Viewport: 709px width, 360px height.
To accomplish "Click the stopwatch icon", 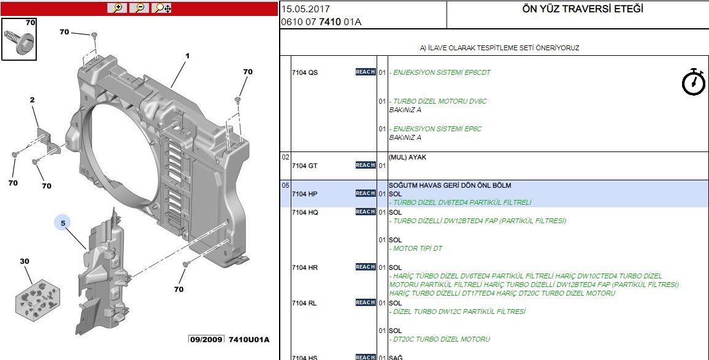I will coord(694,82).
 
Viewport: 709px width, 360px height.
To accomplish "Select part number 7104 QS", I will coord(304,72).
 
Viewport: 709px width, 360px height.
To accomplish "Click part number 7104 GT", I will coord(304,166).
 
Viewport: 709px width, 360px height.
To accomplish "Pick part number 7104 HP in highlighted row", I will coord(304,194).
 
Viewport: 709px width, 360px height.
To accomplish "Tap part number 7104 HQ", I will coord(304,212).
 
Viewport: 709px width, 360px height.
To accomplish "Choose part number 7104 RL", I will coord(304,303).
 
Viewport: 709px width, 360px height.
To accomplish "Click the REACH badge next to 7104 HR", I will coord(366,267).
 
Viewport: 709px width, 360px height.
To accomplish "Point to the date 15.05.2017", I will coord(305,10).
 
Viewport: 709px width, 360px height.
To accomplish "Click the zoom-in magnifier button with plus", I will coord(117,8).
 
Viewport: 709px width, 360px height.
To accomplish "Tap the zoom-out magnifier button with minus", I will coord(139,8).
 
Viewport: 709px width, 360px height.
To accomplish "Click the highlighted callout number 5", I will coord(63,223).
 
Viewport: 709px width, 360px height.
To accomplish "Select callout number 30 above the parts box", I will coord(25,261).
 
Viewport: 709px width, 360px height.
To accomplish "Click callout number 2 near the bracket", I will coord(32,100).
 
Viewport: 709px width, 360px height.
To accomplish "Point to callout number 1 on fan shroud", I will coord(187,56).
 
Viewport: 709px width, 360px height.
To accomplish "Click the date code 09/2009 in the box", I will coord(205,339).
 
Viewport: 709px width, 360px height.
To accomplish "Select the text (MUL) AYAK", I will coord(407,157).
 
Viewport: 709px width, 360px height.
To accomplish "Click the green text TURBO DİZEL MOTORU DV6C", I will coord(439,101).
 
